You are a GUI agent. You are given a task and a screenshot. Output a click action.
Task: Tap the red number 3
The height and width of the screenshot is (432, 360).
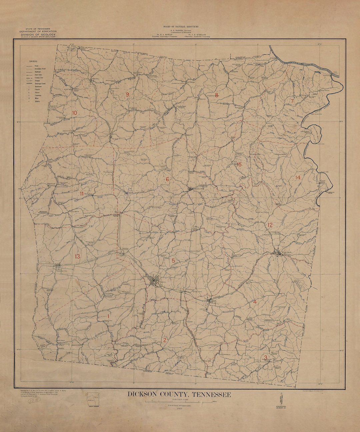(x=265, y=358)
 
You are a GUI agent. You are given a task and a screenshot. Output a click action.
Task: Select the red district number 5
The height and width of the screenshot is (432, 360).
(x=173, y=260)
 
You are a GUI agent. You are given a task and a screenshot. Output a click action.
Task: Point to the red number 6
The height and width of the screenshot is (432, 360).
(x=167, y=179)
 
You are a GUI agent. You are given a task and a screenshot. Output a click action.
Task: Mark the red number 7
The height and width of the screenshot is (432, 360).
(x=292, y=101)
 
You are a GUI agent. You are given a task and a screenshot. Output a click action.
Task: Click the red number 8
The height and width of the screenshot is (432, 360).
(x=216, y=95)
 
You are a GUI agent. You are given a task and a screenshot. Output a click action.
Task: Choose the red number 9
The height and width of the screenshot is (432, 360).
(x=127, y=94)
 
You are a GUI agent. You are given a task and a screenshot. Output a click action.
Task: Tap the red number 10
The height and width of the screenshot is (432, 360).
(x=74, y=113)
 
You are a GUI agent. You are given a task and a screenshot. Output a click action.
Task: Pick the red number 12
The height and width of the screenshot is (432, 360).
(x=270, y=225)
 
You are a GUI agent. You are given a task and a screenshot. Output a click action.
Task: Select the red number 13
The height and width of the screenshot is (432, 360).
(x=77, y=256)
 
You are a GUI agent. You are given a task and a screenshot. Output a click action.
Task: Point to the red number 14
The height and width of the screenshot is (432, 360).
(x=298, y=177)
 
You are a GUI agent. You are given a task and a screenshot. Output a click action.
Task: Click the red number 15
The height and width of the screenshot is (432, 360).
(x=239, y=164)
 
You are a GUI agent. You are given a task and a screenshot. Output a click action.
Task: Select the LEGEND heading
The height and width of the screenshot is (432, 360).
(x=33, y=62)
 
